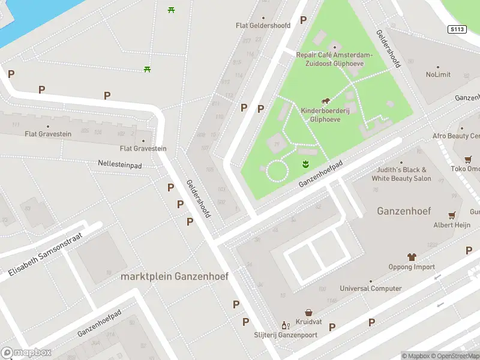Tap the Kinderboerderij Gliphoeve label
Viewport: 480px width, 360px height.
tap(325, 115)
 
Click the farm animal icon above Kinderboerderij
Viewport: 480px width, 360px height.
tap(325, 101)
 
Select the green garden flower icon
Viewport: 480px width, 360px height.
tap(304, 164)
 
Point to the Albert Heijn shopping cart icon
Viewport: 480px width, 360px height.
tap(451, 215)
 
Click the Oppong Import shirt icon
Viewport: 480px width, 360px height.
tap(412, 257)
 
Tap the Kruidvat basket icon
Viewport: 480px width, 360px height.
tap(308, 313)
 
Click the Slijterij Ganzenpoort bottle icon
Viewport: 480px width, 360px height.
tap(286, 325)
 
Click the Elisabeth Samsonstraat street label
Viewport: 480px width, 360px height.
tap(46, 254)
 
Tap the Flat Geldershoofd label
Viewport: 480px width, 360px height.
tap(263, 26)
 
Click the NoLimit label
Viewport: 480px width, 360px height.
tap(438, 75)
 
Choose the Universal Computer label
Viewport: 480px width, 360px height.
tap(371, 289)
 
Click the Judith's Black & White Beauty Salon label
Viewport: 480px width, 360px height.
tap(401, 174)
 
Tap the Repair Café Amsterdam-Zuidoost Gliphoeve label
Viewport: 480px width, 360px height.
tap(334, 59)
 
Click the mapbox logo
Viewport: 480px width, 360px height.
tap(26, 353)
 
